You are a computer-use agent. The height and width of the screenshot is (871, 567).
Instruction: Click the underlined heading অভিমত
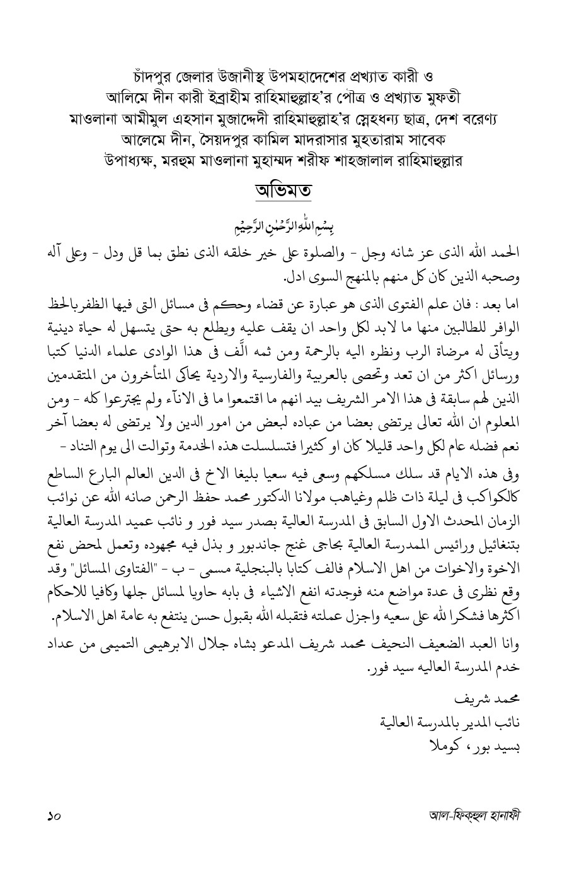coord(283,189)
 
